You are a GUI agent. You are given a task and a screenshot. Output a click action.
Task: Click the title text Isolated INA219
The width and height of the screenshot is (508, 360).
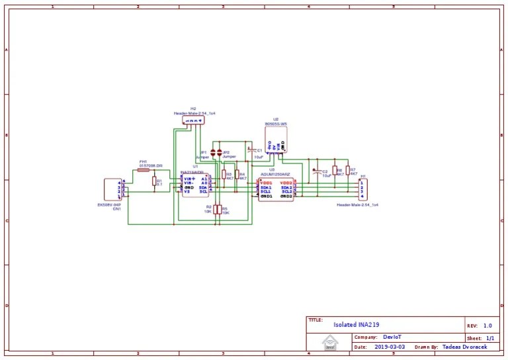354,325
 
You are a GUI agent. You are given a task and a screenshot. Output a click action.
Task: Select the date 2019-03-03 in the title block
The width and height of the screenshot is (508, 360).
390,346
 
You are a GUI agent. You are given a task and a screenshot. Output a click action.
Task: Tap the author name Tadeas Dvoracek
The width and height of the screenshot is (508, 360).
467,346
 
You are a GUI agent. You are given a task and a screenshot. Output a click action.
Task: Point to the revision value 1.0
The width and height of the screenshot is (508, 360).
487,326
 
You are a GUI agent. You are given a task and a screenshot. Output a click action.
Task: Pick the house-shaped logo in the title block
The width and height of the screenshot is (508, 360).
329,342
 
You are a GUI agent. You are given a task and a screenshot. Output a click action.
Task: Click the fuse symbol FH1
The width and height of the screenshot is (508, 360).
144,170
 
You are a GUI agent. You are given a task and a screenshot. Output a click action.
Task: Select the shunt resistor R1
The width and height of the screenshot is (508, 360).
155,181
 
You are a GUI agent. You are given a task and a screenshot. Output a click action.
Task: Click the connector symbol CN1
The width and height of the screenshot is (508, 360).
113,189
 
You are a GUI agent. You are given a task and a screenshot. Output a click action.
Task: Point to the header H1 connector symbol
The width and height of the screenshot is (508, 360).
362,189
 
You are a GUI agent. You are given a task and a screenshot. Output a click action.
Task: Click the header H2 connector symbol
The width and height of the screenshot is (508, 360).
194,121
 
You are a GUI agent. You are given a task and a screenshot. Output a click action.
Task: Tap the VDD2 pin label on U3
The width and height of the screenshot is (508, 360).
286,183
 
